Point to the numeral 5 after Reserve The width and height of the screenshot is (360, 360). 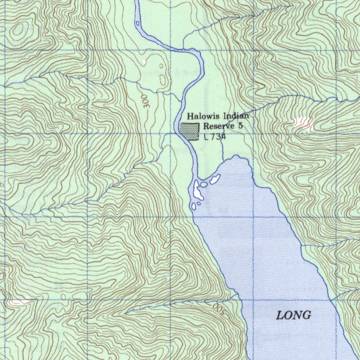[240, 126]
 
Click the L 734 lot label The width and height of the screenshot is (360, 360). [214, 137]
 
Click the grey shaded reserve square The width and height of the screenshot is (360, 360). [190, 131]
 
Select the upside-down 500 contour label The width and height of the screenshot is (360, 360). [218, 309]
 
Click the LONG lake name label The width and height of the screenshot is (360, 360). [294, 315]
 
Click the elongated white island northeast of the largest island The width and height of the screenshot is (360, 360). [214, 179]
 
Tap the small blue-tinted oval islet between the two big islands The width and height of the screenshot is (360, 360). [204, 184]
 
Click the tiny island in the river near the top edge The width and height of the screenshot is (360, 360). [138, 24]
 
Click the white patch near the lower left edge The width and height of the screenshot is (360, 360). [18, 302]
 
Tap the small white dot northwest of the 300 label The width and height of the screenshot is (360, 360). [144, 62]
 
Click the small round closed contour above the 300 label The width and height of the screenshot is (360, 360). [161, 66]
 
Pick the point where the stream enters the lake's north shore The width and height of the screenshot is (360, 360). [223, 162]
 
